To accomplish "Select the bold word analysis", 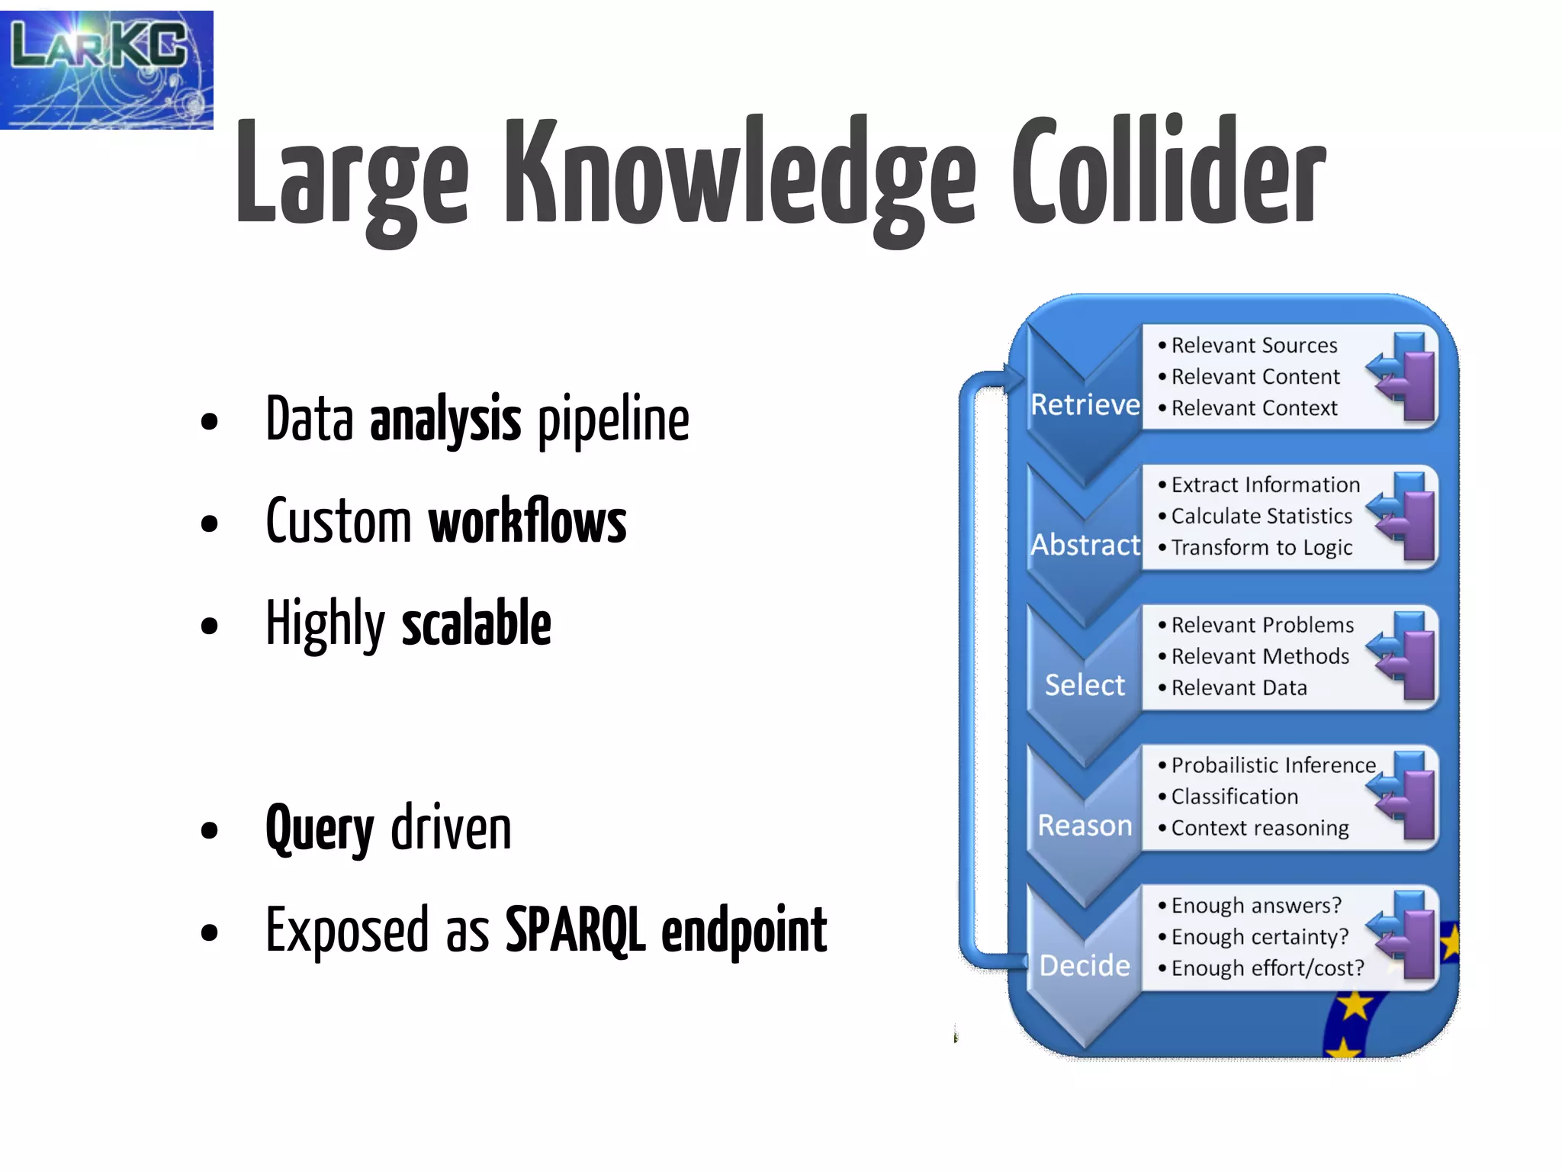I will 445,420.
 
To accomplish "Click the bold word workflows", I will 527,522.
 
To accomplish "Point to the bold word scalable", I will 476,624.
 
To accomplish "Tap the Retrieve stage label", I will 1085,404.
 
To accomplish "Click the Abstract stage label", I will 1085,545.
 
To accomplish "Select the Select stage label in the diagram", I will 1085,685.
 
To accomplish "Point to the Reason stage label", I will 1085,826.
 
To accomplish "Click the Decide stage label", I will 1085,966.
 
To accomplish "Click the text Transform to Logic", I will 1261,548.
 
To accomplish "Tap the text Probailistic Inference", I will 1273,765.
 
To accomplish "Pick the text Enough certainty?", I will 1259,937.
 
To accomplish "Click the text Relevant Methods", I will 1260,656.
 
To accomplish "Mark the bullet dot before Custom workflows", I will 209,524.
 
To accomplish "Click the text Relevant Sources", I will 1254,346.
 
